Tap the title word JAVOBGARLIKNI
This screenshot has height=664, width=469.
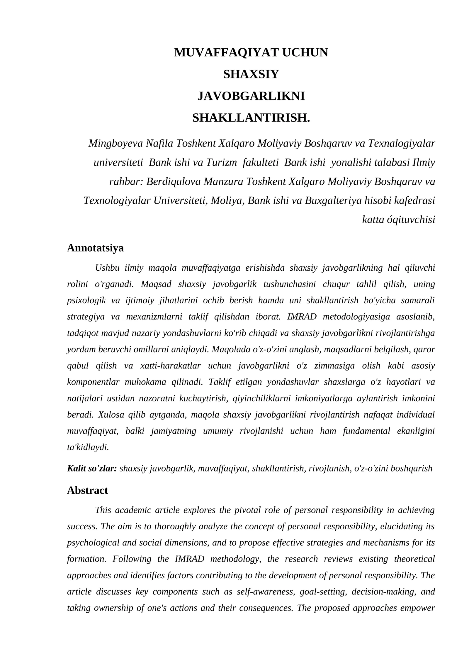(251, 96)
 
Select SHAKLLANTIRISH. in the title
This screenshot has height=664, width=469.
(251, 118)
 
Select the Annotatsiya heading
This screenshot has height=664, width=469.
(95, 248)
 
